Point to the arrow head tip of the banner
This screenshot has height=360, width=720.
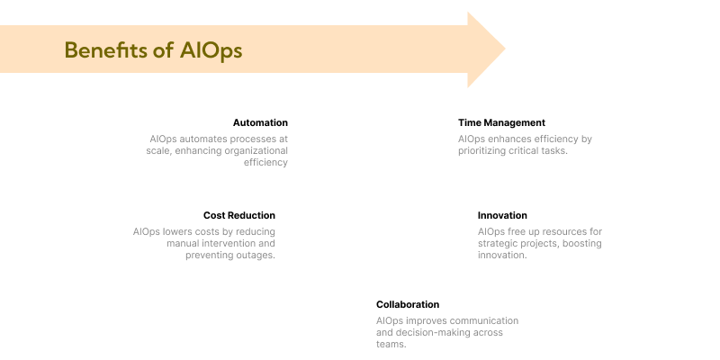504,49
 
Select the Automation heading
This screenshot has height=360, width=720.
260,122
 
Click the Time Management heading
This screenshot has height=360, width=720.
501,122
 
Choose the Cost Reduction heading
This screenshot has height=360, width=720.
239,215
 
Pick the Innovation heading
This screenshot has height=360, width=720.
502,215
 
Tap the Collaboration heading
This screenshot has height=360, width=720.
408,304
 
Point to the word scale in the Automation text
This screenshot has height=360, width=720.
159,151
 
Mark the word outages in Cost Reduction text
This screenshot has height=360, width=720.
256,256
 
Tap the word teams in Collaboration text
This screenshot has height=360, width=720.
390,345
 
